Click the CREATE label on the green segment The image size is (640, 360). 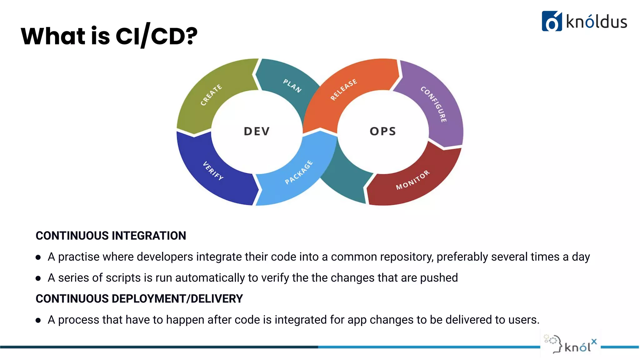(x=211, y=95)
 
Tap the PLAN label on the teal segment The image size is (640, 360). (x=292, y=86)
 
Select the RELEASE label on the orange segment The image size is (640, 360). (x=343, y=90)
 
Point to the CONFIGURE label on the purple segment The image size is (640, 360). (x=434, y=104)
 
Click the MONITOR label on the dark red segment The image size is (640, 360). (x=413, y=180)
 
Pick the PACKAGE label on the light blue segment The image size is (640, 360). (x=299, y=172)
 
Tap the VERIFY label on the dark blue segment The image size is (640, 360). (x=213, y=171)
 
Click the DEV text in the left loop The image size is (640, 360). (x=257, y=131)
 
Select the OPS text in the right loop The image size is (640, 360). (x=383, y=131)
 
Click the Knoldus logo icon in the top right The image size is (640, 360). (x=552, y=21)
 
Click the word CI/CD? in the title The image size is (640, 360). (x=156, y=36)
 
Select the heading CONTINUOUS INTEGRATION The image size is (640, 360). (x=111, y=236)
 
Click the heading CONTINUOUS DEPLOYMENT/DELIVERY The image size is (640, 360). (x=139, y=299)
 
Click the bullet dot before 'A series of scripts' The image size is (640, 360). (x=38, y=278)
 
